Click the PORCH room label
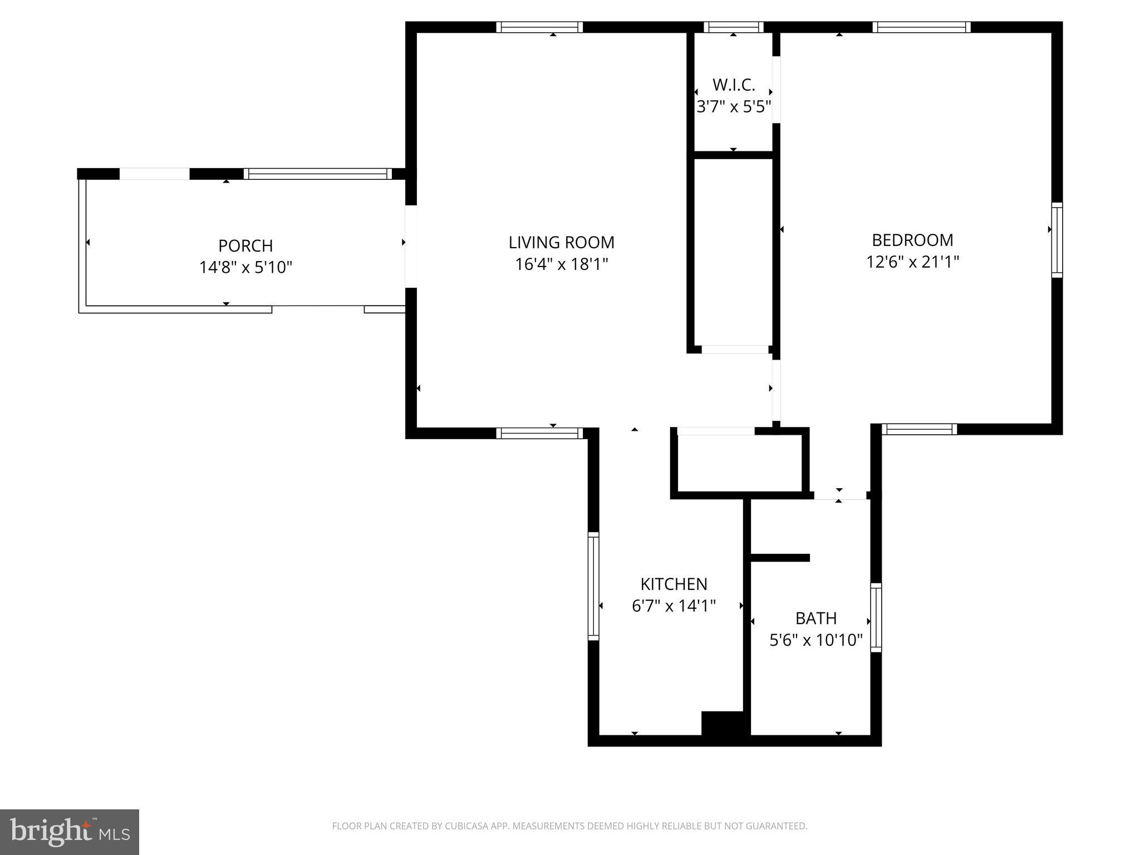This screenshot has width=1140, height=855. (245, 245)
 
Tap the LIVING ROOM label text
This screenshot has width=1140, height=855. (561, 242)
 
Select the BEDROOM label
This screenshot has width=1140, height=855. (912, 240)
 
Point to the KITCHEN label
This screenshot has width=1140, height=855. (674, 584)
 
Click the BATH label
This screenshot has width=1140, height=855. (815, 618)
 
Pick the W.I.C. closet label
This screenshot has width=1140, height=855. (734, 85)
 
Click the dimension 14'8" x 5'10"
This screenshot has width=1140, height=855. (245, 267)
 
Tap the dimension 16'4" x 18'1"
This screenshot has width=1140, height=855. (561, 264)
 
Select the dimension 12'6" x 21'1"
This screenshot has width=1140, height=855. (912, 262)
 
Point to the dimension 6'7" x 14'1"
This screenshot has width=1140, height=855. (674, 606)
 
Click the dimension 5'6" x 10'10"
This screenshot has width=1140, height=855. (815, 640)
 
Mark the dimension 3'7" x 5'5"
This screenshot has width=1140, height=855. (734, 107)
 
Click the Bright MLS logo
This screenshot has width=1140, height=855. (70, 832)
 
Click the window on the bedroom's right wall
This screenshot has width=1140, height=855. (1057, 240)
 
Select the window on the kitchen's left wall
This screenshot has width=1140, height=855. (593, 586)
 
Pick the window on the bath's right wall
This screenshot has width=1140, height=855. (876, 617)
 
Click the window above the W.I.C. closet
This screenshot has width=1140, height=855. (734, 27)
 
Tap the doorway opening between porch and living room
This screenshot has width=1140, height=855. (411, 247)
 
